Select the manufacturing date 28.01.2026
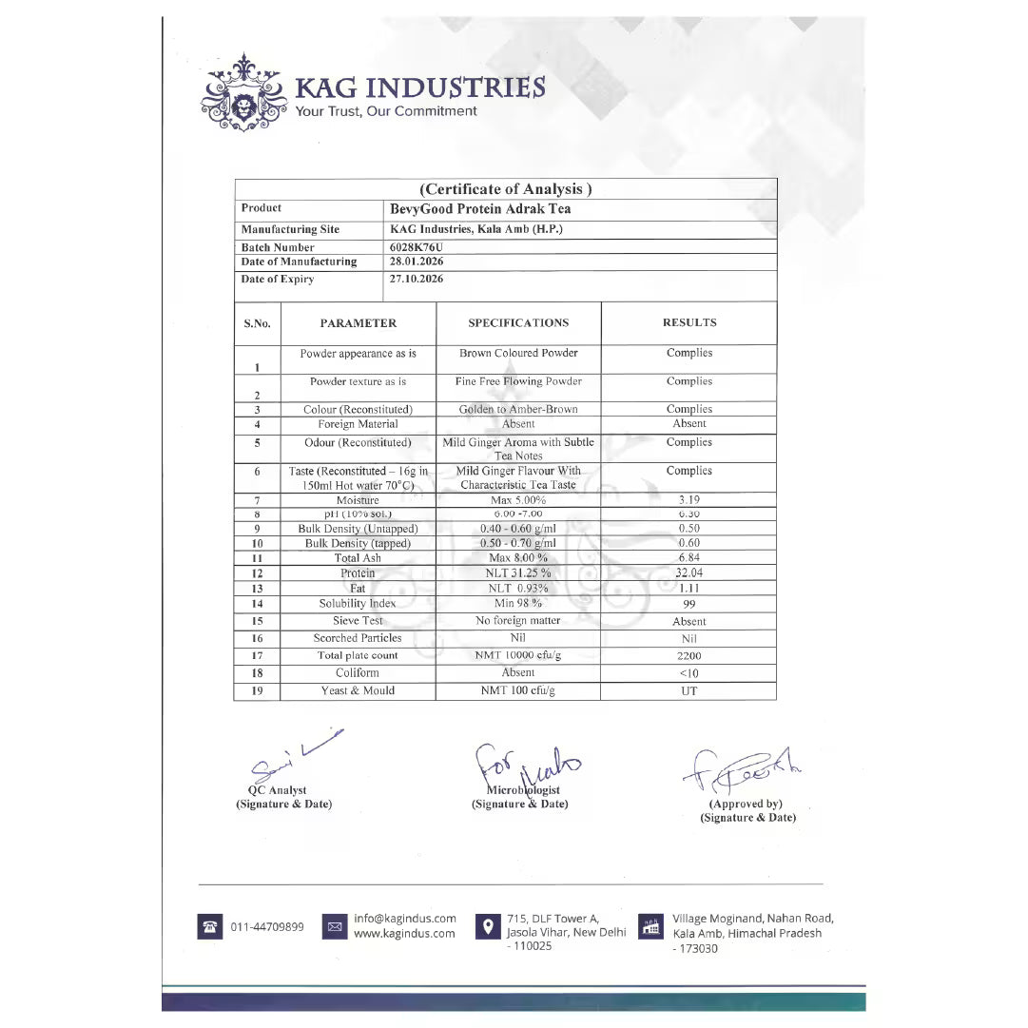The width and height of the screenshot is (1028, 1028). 417,262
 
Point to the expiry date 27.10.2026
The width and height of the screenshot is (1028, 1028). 417,280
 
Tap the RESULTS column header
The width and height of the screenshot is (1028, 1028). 689,323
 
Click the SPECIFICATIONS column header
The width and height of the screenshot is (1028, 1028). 518,323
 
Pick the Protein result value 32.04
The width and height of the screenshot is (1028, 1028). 689,573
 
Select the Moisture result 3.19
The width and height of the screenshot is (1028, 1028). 689,499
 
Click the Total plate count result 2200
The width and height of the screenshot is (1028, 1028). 689,656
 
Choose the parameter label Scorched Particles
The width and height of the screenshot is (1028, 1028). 358,638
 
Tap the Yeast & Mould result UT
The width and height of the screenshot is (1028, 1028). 689,691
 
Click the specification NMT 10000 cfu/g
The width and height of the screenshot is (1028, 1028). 518,655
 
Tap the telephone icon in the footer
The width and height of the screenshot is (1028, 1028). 209,927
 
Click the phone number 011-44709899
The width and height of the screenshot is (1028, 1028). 267,927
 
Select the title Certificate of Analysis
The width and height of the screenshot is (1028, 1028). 506,189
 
